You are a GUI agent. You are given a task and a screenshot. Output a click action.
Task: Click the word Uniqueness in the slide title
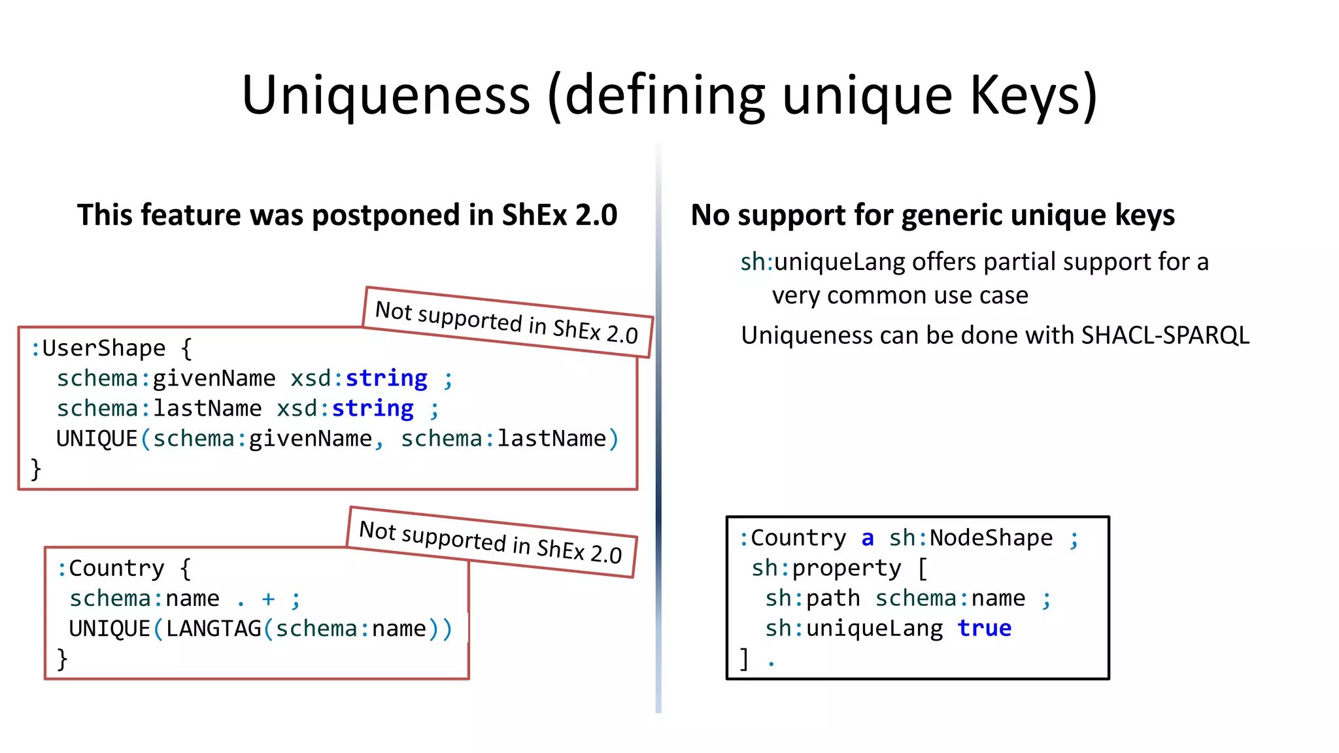click(386, 95)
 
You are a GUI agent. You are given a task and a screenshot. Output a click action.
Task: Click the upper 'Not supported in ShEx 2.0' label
click(507, 322)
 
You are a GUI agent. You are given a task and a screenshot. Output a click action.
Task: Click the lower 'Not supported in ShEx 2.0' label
click(490, 541)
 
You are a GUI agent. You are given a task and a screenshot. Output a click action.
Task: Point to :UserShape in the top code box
click(98, 348)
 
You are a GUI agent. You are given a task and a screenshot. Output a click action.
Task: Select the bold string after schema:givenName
click(386, 378)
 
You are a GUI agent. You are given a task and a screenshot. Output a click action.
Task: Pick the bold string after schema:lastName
click(373, 409)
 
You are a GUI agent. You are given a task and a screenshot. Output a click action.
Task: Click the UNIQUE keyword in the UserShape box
click(97, 439)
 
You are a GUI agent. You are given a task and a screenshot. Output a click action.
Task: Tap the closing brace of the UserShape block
click(36, 469)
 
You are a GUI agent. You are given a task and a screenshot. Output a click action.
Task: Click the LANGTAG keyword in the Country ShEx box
click(213, 629)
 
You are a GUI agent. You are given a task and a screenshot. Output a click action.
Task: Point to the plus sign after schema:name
click(268, 599)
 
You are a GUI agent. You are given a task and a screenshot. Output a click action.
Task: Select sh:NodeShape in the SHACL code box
click(971, 538)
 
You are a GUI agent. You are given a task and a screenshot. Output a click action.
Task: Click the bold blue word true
click(984, 628)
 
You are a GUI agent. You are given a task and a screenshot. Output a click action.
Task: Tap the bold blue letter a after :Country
click(868, 538)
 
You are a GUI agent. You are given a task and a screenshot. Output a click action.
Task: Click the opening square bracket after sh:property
click(923, 568)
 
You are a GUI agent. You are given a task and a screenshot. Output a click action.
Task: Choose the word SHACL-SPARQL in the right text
click(1165, 335)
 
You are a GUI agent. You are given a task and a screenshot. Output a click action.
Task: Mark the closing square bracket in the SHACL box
click(744, 658)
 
